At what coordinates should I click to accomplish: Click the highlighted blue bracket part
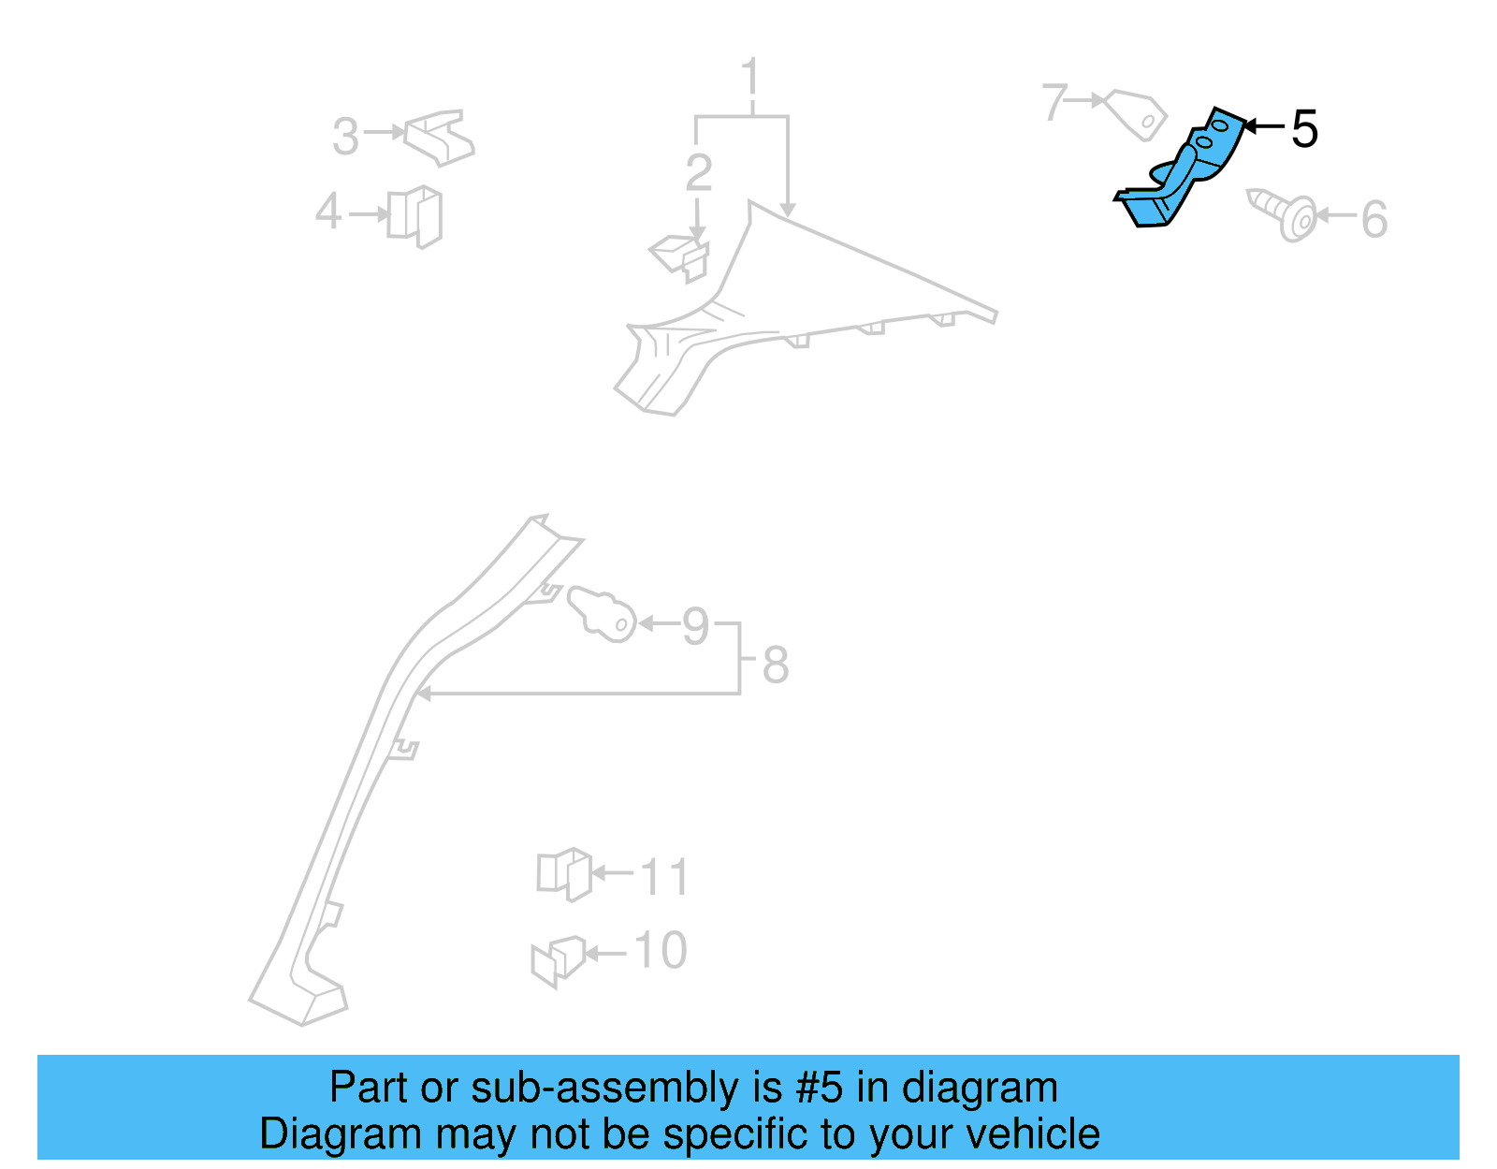click(x=1181, y=173)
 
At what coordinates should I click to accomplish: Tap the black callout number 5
click(x=1304, y=129)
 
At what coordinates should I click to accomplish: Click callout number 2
click(x=699, y=173)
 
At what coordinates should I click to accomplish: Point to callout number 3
click(x=345, y=137)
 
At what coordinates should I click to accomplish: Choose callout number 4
click(x=328, y=212)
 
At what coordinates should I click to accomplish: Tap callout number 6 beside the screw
click(x=1373, y=220)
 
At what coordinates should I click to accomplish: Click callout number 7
click(x=1054, y=102)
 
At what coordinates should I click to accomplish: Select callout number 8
click(x=776, y=665)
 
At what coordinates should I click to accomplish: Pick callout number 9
click(x=695, y=626)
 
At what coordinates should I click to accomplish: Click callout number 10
click(x=661, y=951)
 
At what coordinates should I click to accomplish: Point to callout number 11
click(x=664, y=877)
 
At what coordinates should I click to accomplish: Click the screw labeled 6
click(x=1284, y=213)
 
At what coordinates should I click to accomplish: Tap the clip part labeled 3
click(x=439, y=138)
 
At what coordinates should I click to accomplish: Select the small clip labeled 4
click(x=415, y=216)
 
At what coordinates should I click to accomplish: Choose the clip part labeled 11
click(x=564, y=874)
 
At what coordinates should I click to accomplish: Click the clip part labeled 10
click(x=558, y=960)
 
